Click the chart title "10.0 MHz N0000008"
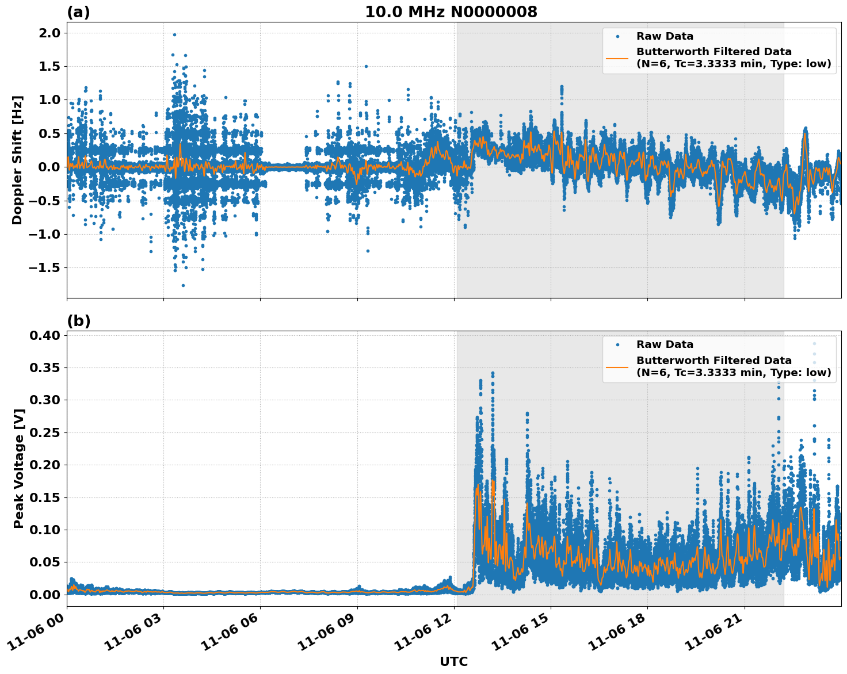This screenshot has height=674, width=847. click(451, 12)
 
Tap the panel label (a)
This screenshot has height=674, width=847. click(78, 12)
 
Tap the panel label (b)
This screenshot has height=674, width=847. click(78, 321)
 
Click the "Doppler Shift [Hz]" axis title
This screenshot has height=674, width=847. click(17, 160)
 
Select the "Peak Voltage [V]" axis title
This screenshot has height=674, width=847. click(19, 468)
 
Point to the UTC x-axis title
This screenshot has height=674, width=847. click(453, 661)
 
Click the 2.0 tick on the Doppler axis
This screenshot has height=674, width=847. click(49, 33)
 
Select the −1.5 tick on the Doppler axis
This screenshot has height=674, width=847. click(44, 268)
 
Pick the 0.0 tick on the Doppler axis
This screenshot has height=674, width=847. click(49, 167)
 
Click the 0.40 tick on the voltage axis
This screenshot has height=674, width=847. click(45, 335)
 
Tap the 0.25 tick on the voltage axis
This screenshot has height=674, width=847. click(45, 432)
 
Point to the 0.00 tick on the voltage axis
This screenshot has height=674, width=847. click(45, 595)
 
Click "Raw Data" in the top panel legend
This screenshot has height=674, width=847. click(665, 36)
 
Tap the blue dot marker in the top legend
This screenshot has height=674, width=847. click(617, 36)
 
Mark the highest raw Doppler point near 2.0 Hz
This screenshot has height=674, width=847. click(174, 35)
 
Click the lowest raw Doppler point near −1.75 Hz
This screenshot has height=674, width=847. click(183, 285)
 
